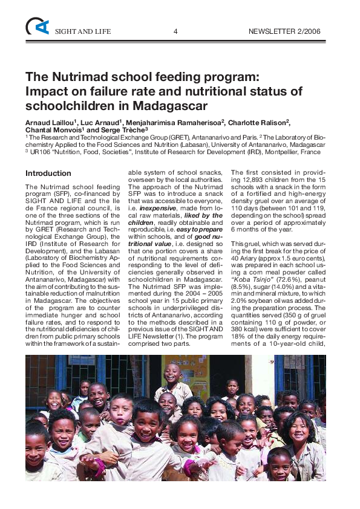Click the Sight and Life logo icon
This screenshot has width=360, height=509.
coord(37,26)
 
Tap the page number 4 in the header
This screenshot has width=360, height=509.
coord(175,31)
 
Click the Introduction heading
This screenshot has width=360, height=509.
coord(48,173)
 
